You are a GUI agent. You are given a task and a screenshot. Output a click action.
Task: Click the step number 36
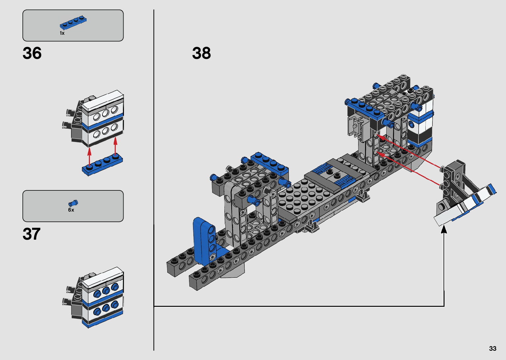coord(32,53)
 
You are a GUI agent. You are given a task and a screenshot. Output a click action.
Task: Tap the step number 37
coord(31,234)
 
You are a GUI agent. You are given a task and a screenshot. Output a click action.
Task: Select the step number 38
coord(201,53)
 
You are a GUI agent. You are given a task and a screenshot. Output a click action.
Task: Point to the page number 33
coord(493,348)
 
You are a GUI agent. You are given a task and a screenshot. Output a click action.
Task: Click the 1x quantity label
coord(62,33)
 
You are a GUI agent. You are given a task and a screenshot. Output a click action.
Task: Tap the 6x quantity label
coord(71,210)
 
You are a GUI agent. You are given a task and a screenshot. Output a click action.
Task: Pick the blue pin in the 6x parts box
coord(73,203)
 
